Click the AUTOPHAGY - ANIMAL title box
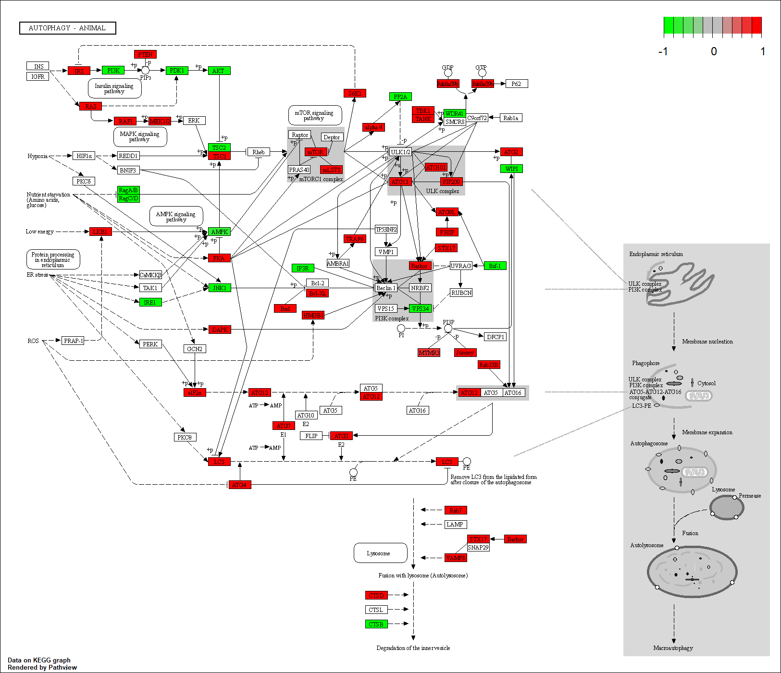(67, 28)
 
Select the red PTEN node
(145, 55)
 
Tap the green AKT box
(219, 71)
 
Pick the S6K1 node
(355, 93)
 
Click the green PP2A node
(400, 97)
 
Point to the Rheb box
(259, 152)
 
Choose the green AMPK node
(219, 232)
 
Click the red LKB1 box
(100, 232)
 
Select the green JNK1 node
(219, 288)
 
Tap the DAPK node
(220, 330)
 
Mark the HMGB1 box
(313, 315)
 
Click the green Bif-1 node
(495, 266)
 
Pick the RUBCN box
(461, 293)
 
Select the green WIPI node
(511, 169)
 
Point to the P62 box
(516, 84)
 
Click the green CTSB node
(376, 624)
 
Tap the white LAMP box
(455, 525)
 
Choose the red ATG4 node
(239, 485)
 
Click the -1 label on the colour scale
(663, 51)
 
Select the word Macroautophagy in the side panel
(673, 648)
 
